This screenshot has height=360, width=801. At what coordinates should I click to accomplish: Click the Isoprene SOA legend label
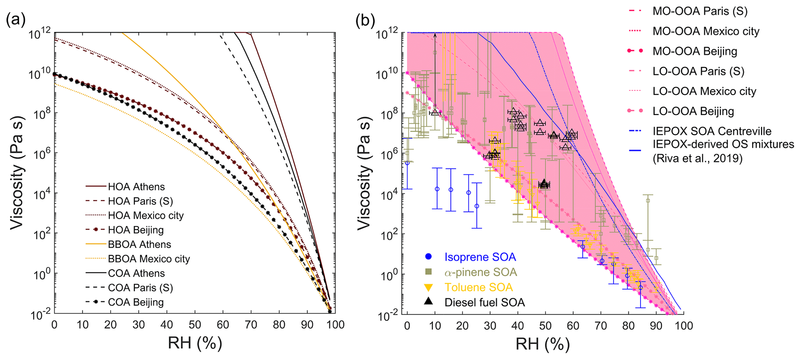point(480,257)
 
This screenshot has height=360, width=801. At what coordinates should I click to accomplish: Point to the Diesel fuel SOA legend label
point(484,302)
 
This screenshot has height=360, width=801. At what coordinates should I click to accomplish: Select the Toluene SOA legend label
point(479,287)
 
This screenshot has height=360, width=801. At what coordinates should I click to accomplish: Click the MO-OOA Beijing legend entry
point(695,51)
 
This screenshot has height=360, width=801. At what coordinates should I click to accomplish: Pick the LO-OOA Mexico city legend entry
point(704,91)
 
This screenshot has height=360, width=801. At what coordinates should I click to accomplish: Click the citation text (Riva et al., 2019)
point(698,158)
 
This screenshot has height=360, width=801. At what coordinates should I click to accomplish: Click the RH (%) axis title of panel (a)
point(195,343)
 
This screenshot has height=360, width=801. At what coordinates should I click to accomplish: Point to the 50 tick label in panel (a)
point(195,325)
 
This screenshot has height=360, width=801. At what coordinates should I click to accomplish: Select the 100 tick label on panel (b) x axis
point(683,325)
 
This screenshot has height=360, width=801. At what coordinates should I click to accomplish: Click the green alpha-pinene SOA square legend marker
point(428,272)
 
